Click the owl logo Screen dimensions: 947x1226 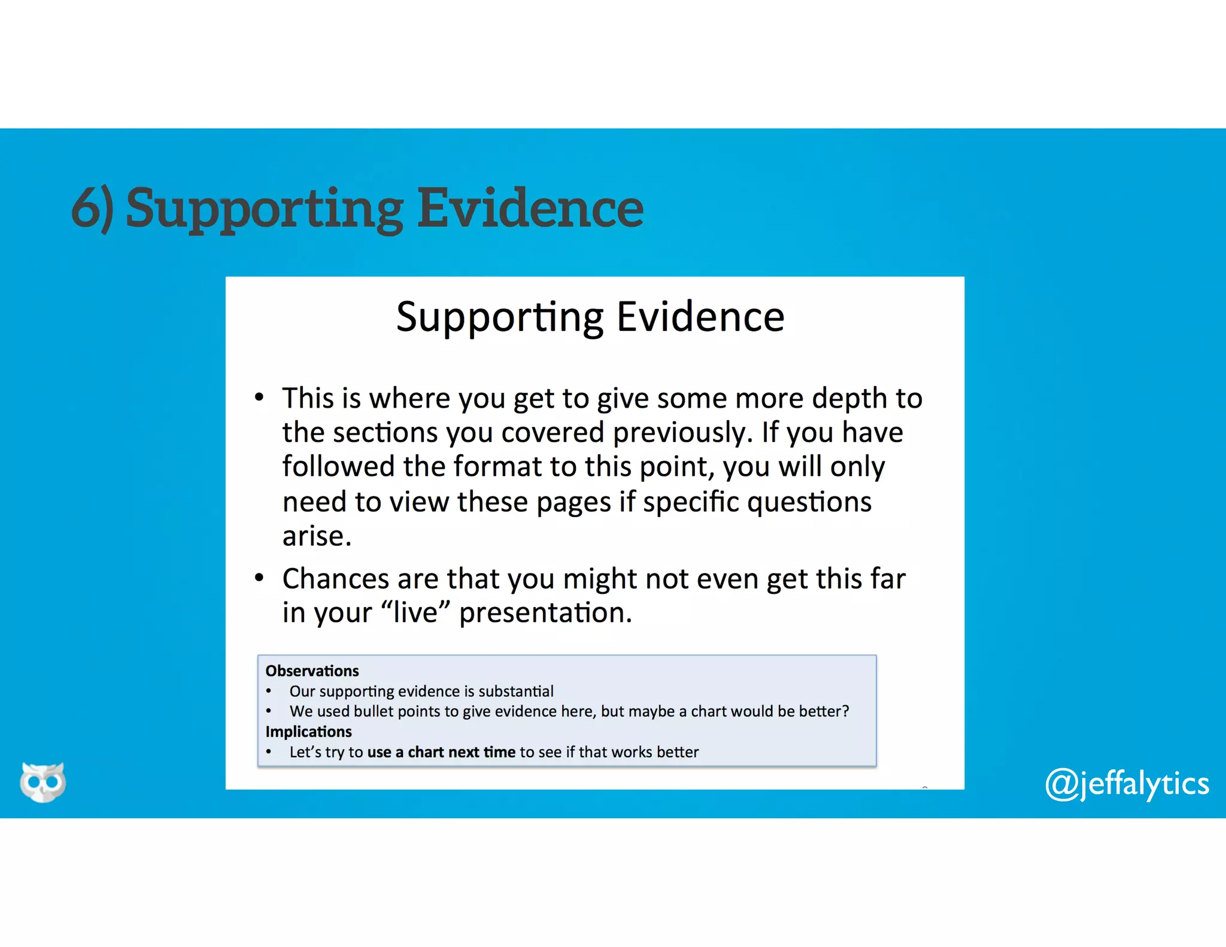[x=43, y=781]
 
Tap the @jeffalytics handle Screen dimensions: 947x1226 [x=1127, y=784]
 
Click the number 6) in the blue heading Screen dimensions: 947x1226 [x=92, y=208]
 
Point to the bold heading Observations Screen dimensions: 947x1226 [x=312, y=671]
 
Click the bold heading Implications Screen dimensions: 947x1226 [x=308, y=732]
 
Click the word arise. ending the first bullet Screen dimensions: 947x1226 [x=317, y=536]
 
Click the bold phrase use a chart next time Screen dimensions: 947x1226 [x=441, y=752]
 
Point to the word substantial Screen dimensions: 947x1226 [x=516, y=691]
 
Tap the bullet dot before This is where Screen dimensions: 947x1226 [x=259, y=398]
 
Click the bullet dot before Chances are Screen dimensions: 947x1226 [x=259, y=578]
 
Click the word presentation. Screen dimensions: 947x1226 [x=545, y=613]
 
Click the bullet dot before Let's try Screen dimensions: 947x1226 [x=269, y=752]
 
